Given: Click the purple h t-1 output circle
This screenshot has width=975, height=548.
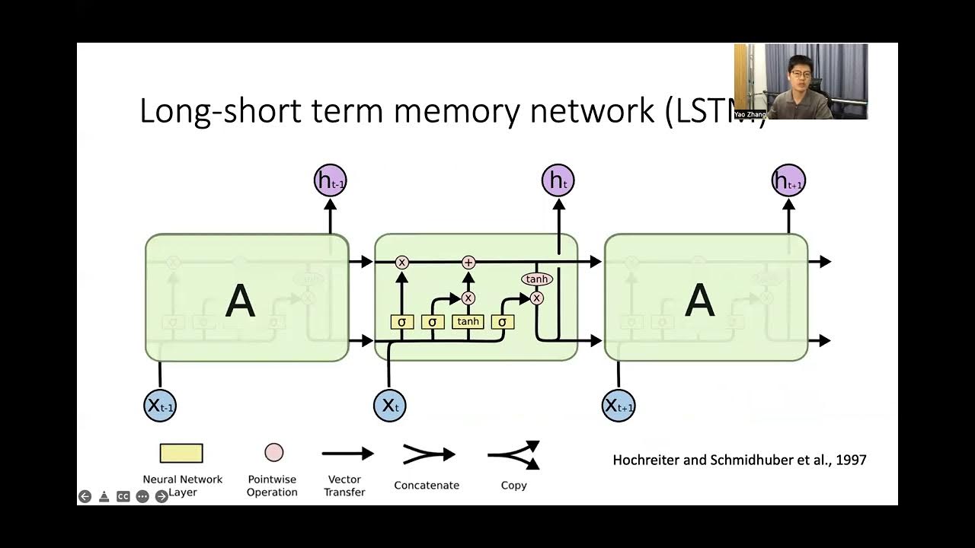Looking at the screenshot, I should click(x=330, y=181).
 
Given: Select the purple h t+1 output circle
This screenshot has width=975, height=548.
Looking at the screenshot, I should click(x=788, y=181).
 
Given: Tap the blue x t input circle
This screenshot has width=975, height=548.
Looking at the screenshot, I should click(x=389, y=405).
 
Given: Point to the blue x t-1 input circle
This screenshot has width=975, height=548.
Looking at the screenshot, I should click(x=160, y=405).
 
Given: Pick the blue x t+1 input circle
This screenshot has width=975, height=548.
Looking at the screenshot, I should click(x=619, y=405).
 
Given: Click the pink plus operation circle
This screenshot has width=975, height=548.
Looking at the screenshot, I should click(x=468, y=262).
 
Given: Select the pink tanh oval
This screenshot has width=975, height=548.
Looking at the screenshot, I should click(x=537, y=279).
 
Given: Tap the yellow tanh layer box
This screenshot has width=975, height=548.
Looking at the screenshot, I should click(x=468, y=321).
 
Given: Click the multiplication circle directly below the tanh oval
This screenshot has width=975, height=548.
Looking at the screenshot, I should click(x=537, y=298).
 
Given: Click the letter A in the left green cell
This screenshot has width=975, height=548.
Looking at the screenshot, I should click(x=240, y=301).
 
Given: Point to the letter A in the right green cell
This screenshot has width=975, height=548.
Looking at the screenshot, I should click(x=699, y=301).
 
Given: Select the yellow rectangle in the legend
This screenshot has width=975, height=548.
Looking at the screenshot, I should click(x=181, y=454).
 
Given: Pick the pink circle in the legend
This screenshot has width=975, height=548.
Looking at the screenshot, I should click(x=273, y=453).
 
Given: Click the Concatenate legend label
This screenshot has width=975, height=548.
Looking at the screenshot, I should click(x=427, y=485).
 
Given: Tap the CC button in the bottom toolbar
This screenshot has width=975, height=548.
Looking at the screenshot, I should click(x=123, y=496).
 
